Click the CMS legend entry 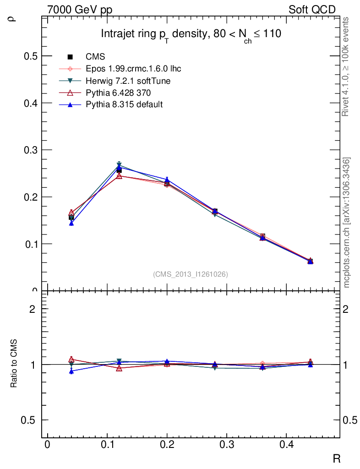pyautogui.click(x=95, y=57)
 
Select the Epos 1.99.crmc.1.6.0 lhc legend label pyautogui.click(x=133, y=69)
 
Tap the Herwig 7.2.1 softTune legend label pyautogui.click(x=128, y=81)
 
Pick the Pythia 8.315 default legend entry pyautogui.click(x=124, y=105)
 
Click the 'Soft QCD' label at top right pyautogui.click(x=312, y=10)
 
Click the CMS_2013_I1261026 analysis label pyautogui.click(x=191, y=274)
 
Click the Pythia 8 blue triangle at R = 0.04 pyautogui.click(x=71, y=223)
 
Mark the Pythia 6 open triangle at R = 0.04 pyautogui.click(x=71, y=213)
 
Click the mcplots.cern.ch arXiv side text pyautogui.click(x=347, y=223)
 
